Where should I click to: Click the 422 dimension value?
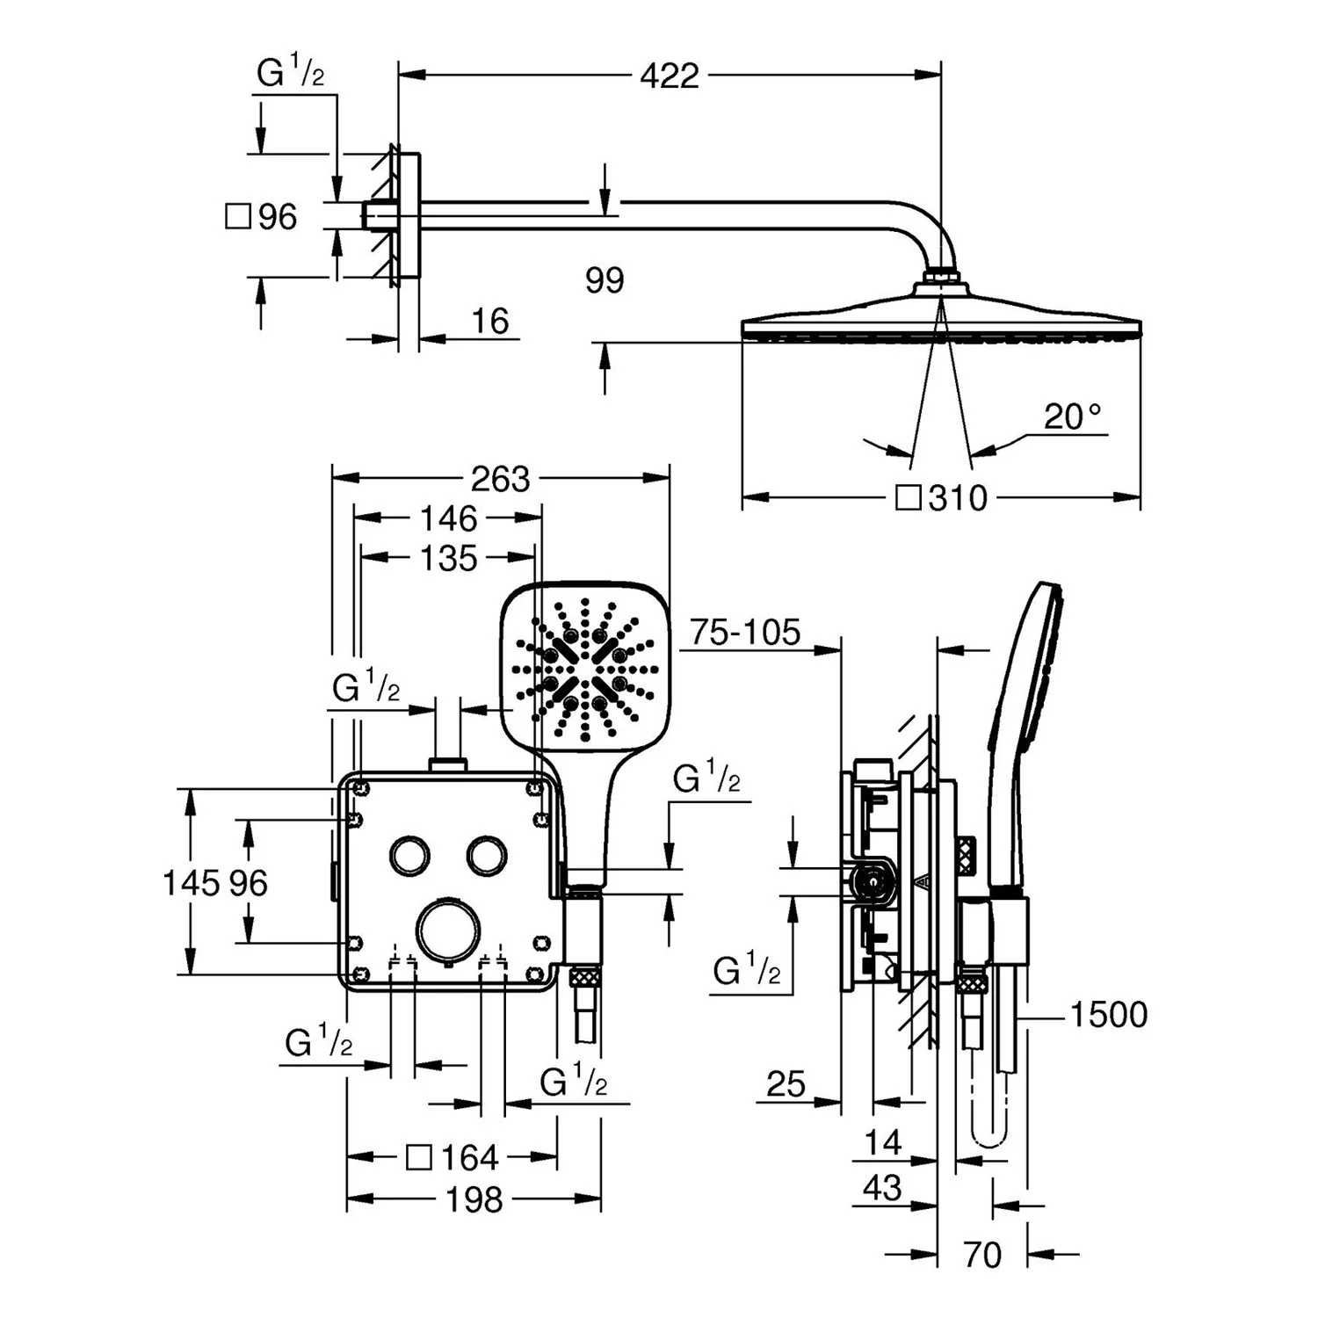tap(669, 76)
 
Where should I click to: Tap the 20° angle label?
tap(1072, 416)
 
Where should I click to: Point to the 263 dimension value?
tap(500, 479)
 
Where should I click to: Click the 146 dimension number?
tap(448, 518)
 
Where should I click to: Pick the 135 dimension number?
tap(448, 558)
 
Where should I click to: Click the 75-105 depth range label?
tap(745, 632)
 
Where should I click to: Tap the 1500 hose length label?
tap(1108, 1014)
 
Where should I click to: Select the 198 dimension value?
tap(474, 1199)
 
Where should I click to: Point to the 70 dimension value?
tap(981, 1255)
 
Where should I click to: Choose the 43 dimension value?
tap(882, 1188)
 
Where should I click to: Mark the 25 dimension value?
tap(786, 1084)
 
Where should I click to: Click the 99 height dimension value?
tap(605, 280)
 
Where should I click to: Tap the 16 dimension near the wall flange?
tap(489, 322)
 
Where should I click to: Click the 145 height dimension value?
tap(191, 882)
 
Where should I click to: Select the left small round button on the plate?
tap(409, 855)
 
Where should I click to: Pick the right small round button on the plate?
tap(487, 855)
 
